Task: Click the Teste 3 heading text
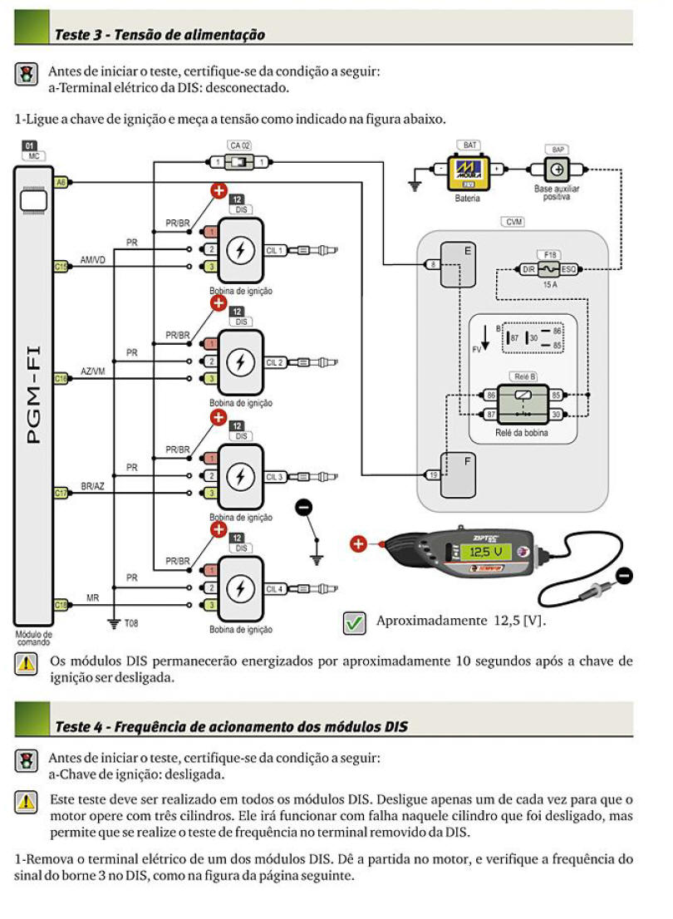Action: pos(160,35)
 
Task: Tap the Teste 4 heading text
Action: pos(231,725)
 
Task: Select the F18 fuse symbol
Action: pos(548,268)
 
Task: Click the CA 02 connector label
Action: pos(239,145)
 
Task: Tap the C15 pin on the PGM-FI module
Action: pos(61,267)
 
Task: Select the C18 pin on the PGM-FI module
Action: pos(61,605)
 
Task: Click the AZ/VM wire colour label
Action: pos(92,371)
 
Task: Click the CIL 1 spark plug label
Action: pos(275,249)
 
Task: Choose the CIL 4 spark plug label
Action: pos(275,588)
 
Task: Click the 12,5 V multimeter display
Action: pos(486,552)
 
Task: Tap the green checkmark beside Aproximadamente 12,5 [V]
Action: pos(355,622)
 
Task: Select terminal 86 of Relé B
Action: pos(491,396)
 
